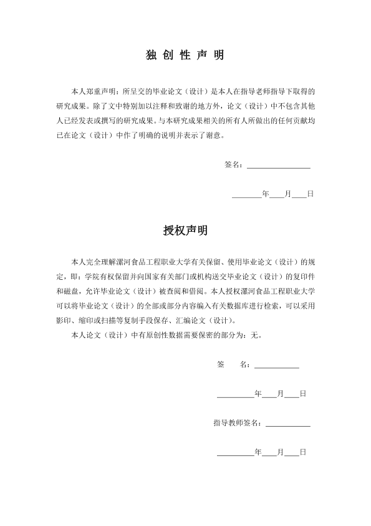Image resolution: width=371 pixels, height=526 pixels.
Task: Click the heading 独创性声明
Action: pyautogui.click(x=185, y=56)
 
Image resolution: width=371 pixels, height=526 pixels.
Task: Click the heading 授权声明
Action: pyautogui.click(x=185, y=231)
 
